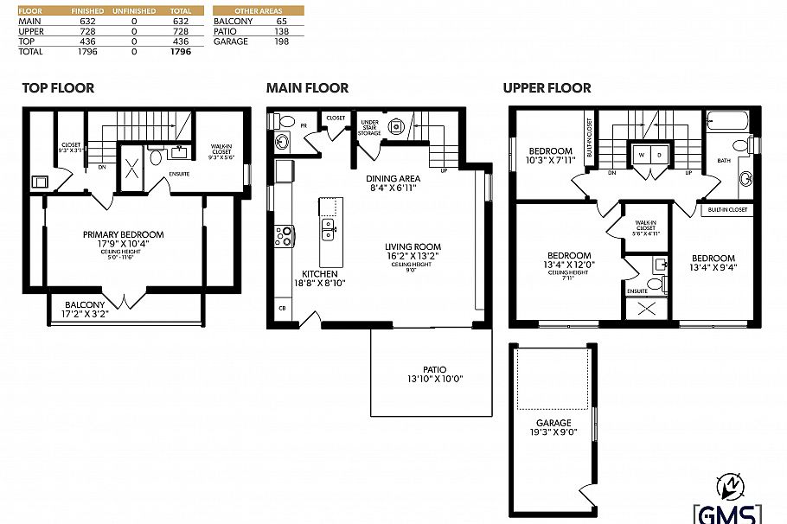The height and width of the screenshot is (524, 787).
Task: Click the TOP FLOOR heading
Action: [x=58, y=87]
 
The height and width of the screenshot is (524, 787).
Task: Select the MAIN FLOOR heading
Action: [x=307, y=87]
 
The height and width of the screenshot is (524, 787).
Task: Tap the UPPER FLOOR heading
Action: [x=547, y=87]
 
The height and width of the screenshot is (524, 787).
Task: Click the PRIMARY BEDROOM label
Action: [x=123, y=234]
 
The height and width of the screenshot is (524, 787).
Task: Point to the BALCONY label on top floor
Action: [x=85, y=304]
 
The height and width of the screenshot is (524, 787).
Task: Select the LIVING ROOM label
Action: [x=413, y=246]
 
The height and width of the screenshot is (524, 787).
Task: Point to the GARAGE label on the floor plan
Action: [x=553, y=423]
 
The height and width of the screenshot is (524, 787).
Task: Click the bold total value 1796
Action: [x=181, y=52]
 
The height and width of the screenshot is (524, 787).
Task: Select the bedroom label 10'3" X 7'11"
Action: [x=551, y=156]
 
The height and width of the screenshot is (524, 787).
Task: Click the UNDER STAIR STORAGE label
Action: [x=369, y=128]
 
